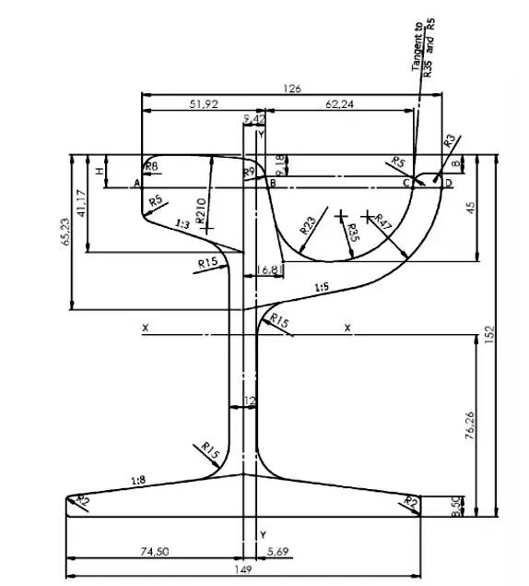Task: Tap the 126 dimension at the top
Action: pos(292,89)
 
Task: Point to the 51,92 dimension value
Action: pos(204,105)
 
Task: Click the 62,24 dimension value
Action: pos(339,105)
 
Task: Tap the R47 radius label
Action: pos(385,223)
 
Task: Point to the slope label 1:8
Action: pos(138,480)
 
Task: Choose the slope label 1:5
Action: pos(321,288)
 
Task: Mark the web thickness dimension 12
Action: pos(248,401)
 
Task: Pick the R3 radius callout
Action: pos(449,141)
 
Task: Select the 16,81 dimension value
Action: pos(270,269)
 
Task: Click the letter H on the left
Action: pos(100,171)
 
